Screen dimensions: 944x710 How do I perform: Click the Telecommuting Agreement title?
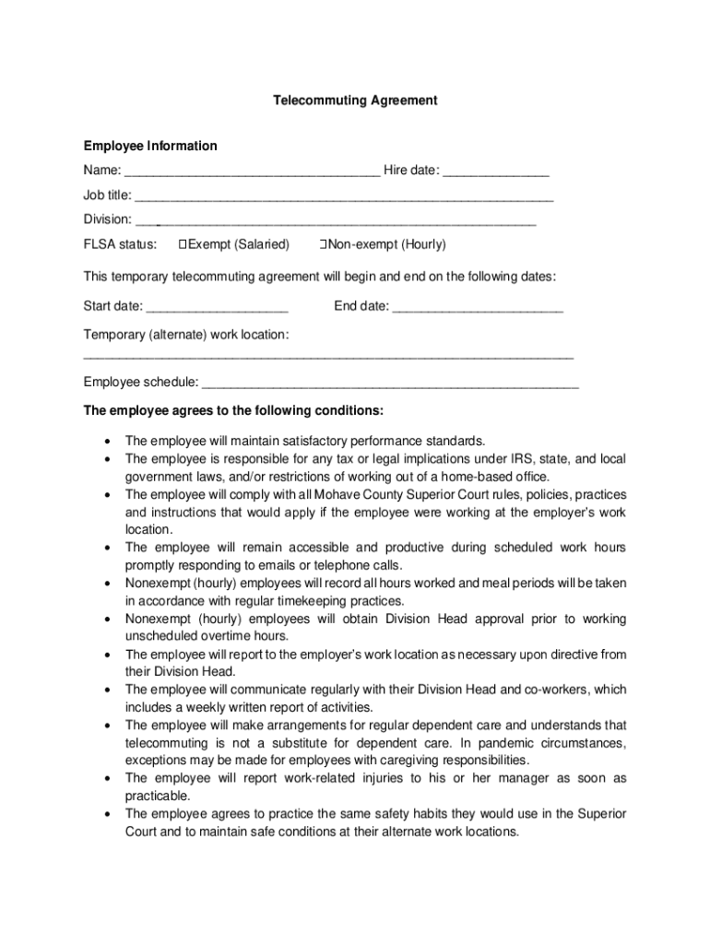pyautogui.click(x=354, y=100)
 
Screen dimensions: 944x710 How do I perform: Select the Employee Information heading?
pyautogui.click(x=150, y=146)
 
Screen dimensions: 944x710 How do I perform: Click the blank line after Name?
pyautogui.click(x=252, y=172)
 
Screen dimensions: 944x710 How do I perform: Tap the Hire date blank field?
pyautogui.click(x=497, y=172)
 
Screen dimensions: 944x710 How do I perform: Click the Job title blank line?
pyautogui.click(x=344, y=197)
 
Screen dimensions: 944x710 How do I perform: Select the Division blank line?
pyautogui.click(x=336, y=221)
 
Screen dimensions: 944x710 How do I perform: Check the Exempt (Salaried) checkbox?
pyautogui.click(x=183, y=244)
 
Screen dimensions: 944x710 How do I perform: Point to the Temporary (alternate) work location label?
pyautogui.click(x=186, y=333)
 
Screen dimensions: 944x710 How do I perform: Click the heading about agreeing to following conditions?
pyautogui.click(x=233, y=409)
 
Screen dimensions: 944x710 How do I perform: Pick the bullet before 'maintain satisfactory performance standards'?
pyautogui.click(x=109, y=441)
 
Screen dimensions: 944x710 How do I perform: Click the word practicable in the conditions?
pyautogui.click(x=158, y=796)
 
